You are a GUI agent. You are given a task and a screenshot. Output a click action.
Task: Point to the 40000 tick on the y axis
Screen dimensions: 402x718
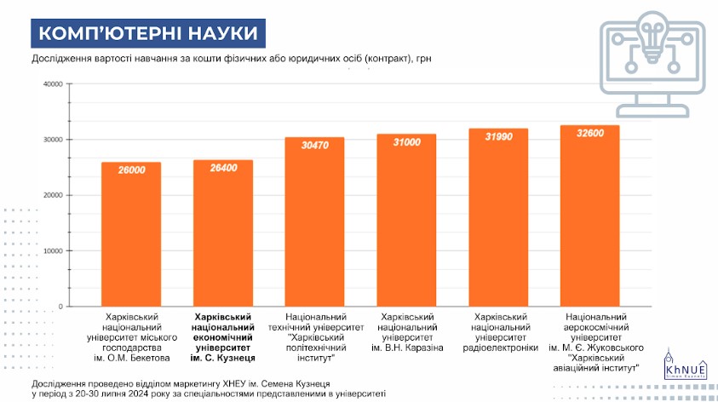click(x=52, y=84)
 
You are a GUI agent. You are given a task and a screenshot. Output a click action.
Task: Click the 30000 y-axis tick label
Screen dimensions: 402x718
click(x=52, y=140)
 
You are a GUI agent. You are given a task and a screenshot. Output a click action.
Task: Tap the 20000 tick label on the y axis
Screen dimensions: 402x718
click(x=52, y=195)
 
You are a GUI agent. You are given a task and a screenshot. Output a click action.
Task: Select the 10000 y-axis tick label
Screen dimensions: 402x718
click(x=52, y=251)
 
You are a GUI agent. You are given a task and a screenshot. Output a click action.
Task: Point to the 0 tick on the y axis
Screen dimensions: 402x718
click(x=60, y=307)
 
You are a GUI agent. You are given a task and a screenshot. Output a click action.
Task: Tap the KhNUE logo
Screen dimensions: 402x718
click(x=680, y=365)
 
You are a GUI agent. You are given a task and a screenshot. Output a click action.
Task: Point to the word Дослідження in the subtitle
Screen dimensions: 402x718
click(x=60, y=59)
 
